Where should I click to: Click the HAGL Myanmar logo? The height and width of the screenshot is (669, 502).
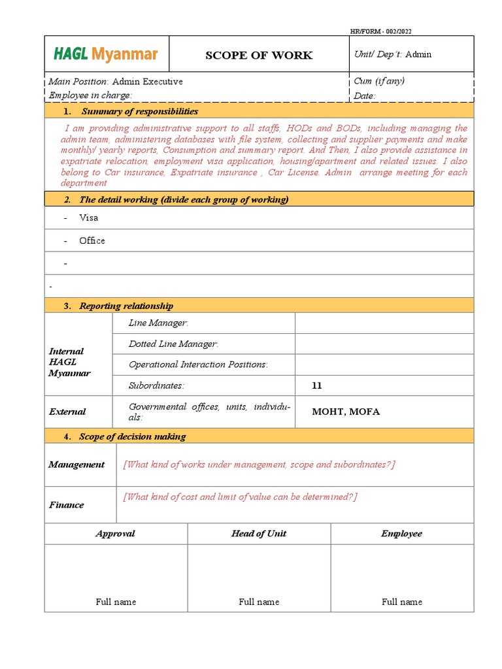click(106, 54)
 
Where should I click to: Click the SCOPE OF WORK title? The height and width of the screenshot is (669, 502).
click(259, 55)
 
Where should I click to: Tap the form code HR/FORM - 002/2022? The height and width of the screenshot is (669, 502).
click(381, 31)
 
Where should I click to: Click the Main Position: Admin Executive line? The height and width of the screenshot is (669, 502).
click(116, 82)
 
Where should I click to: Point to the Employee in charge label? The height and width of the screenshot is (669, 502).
click(90, 95)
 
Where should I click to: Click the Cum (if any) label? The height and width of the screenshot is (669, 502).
click(379, 81)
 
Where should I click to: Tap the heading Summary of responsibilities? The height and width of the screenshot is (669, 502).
click(139, 112)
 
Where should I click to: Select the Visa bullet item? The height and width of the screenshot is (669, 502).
click(88, 218)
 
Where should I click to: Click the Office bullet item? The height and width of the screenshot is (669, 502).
click(92, 240)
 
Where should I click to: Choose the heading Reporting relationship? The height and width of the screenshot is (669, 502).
click(126, 306)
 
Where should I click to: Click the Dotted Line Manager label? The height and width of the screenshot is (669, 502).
click(173, 344)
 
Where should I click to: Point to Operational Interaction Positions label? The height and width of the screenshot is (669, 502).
click(198, 365)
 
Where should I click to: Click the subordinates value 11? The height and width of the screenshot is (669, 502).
click(317, 385)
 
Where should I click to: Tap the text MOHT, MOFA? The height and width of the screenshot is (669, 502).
click(346, 412)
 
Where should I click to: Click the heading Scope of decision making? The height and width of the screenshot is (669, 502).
click(132, 436)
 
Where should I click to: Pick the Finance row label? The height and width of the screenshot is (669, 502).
click(66, 504)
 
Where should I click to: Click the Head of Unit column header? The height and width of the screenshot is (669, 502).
click(259, 534)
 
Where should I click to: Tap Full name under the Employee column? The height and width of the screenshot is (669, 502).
click(401, 602)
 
